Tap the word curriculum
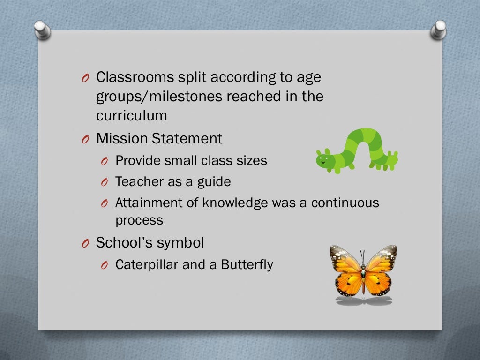[132, 115]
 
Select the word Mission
[122, 139]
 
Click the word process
[139, 220]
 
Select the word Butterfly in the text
[247, 264]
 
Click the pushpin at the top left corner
[42, 30]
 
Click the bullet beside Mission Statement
[85, 140]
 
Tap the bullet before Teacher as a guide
[105, 182]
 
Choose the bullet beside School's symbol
[85, 243]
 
